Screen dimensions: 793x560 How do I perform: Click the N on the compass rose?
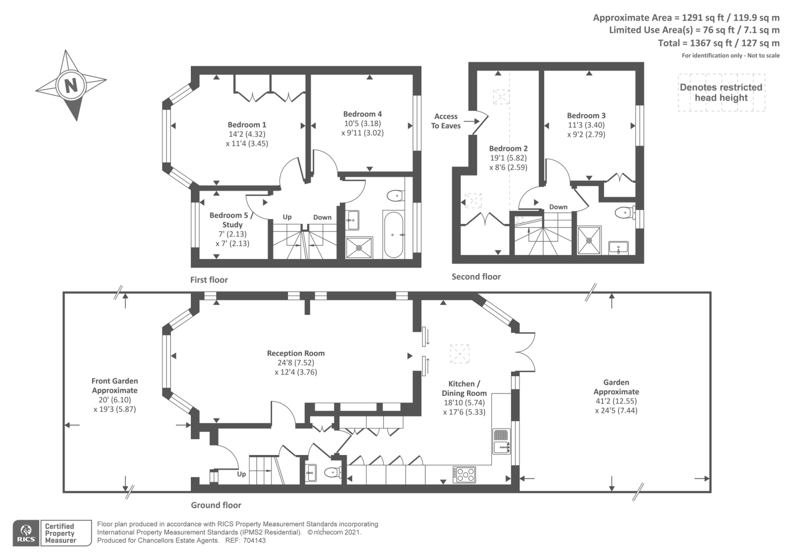point(71,85)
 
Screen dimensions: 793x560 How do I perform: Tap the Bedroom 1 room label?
point(247,124)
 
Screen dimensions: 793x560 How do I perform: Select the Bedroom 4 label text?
point(362,114)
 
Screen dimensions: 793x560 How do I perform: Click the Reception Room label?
point(295,353)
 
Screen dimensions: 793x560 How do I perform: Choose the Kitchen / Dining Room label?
point(464,389)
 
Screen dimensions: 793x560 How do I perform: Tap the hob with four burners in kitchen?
point(464,474)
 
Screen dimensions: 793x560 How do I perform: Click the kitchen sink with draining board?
point(501,441)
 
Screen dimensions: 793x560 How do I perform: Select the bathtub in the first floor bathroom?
point(394,235)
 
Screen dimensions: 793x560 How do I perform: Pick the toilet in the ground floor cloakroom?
point(333,472)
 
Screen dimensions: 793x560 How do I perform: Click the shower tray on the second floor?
point(589,241)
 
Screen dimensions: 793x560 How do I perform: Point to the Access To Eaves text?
point(446,121)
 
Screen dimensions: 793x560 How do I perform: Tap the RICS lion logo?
point(26,533)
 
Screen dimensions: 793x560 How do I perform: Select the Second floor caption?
point(476,277)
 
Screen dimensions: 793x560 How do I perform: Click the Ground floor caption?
point(216,505)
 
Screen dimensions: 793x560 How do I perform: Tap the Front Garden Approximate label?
point(114,386)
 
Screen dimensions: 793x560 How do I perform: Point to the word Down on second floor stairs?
point(558,207)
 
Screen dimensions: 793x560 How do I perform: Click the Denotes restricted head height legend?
point(721,92)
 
